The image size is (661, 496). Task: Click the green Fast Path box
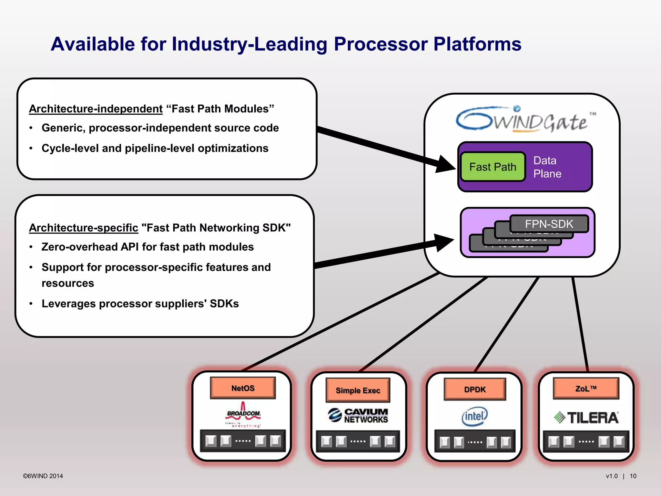point(493,167)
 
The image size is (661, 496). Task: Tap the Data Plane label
point(547,167)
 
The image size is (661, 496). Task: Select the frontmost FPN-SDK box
point(549,224)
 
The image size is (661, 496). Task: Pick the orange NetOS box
point(243,388)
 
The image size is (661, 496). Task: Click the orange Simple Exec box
point(358,390)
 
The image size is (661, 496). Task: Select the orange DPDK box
point(475,389)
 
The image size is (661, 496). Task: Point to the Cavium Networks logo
point(358,416)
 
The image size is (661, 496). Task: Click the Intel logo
point(474,416)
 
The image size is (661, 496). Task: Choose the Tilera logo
point(586,418)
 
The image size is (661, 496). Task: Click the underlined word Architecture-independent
point(96,109)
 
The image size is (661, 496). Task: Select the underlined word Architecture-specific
point(84,228)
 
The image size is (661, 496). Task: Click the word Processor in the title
point(381,44)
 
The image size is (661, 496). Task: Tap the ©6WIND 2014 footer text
point(43,476)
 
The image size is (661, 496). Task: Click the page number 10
point(633,476)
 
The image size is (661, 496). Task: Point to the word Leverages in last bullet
point(69,304)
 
